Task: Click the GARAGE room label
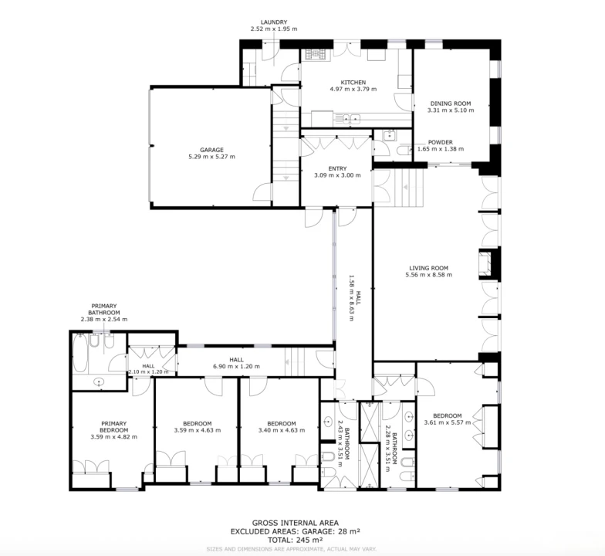pos(211,150)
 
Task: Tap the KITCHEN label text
pos(353,82)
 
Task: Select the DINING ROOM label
pos(451,103)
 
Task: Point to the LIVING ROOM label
pos(429,268)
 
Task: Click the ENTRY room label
pos(338,168)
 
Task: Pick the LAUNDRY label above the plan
pos(274,22)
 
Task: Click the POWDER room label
pos(440,142)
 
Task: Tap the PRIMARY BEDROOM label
pos(114,426)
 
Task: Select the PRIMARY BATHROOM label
pos(103,309)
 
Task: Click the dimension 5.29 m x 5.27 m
pos(211,157)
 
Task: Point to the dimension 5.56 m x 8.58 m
pos(429,275)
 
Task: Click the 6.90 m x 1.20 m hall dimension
pos(236,366)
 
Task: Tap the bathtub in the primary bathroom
pos(80,354)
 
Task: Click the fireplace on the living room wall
pos(485,264)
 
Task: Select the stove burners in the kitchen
pos(316,54)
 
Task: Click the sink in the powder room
pos(390,136)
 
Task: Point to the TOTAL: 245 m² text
pos(296,540)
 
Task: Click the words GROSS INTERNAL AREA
pos(296,524)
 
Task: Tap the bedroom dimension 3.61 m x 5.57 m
pos(448,422)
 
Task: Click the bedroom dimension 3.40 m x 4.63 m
pos(282,430)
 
